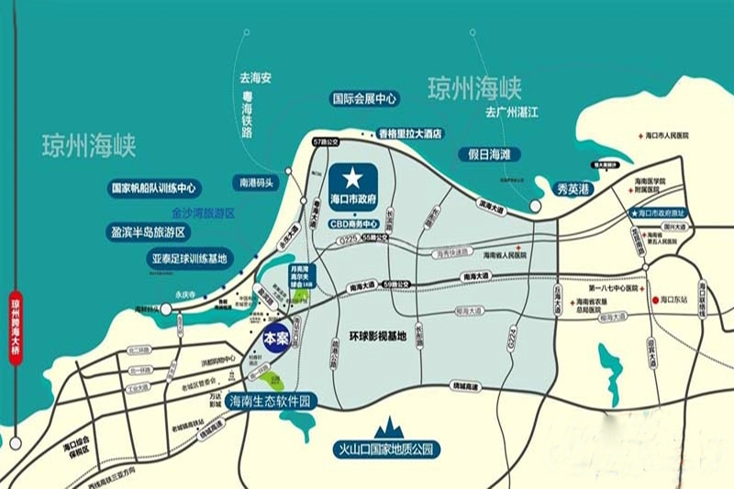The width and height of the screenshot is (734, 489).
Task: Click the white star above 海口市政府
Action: pos(352,175)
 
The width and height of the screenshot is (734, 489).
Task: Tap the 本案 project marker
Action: pos(276,338)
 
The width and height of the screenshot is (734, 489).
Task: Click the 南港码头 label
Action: pos(256,182)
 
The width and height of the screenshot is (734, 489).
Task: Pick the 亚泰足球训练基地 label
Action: pos(189,259)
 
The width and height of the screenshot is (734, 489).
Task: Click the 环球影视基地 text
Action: pos(377,336)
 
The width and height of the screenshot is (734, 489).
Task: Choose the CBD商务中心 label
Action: pos(353,223)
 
